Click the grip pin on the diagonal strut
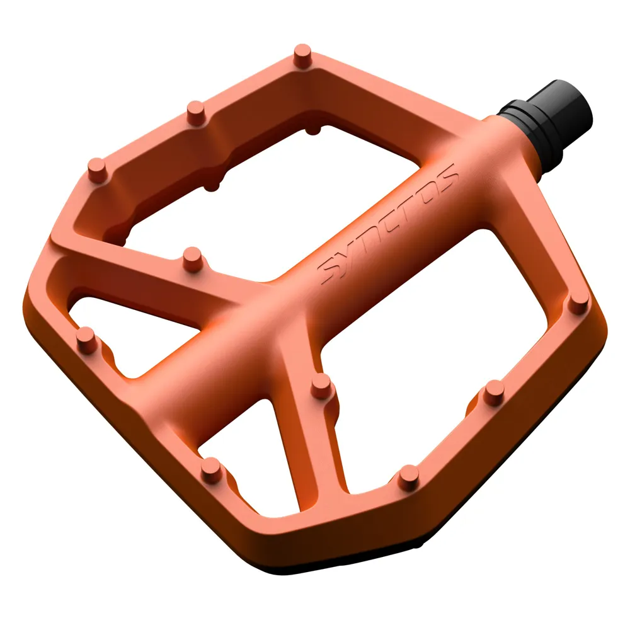(192, 258)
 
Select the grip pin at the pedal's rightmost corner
(578, 302)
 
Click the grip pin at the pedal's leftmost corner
(86, 339)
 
